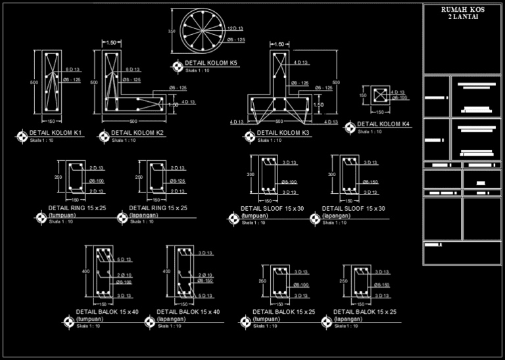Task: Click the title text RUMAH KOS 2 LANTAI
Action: (x=463, y=12)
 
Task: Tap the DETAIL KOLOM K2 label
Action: (x=137, y=133)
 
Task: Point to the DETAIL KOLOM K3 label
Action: (x=283, y=133)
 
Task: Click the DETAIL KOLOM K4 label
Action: (x=383, y=124)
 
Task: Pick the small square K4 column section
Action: (x=379, y=96)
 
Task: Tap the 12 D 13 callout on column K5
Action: (x=235, y=29)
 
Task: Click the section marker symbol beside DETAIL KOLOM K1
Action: (x=23, y=137)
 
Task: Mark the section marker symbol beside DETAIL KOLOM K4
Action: (x=350, y=125)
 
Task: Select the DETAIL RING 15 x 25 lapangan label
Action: (x=158, y=211)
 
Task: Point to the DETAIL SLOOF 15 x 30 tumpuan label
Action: (x=269, y=212)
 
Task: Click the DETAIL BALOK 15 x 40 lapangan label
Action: (x=188, y=315)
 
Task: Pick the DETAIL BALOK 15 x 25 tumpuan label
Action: (x=284, y=315)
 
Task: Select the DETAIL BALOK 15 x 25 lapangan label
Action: (x=364, y=315)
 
